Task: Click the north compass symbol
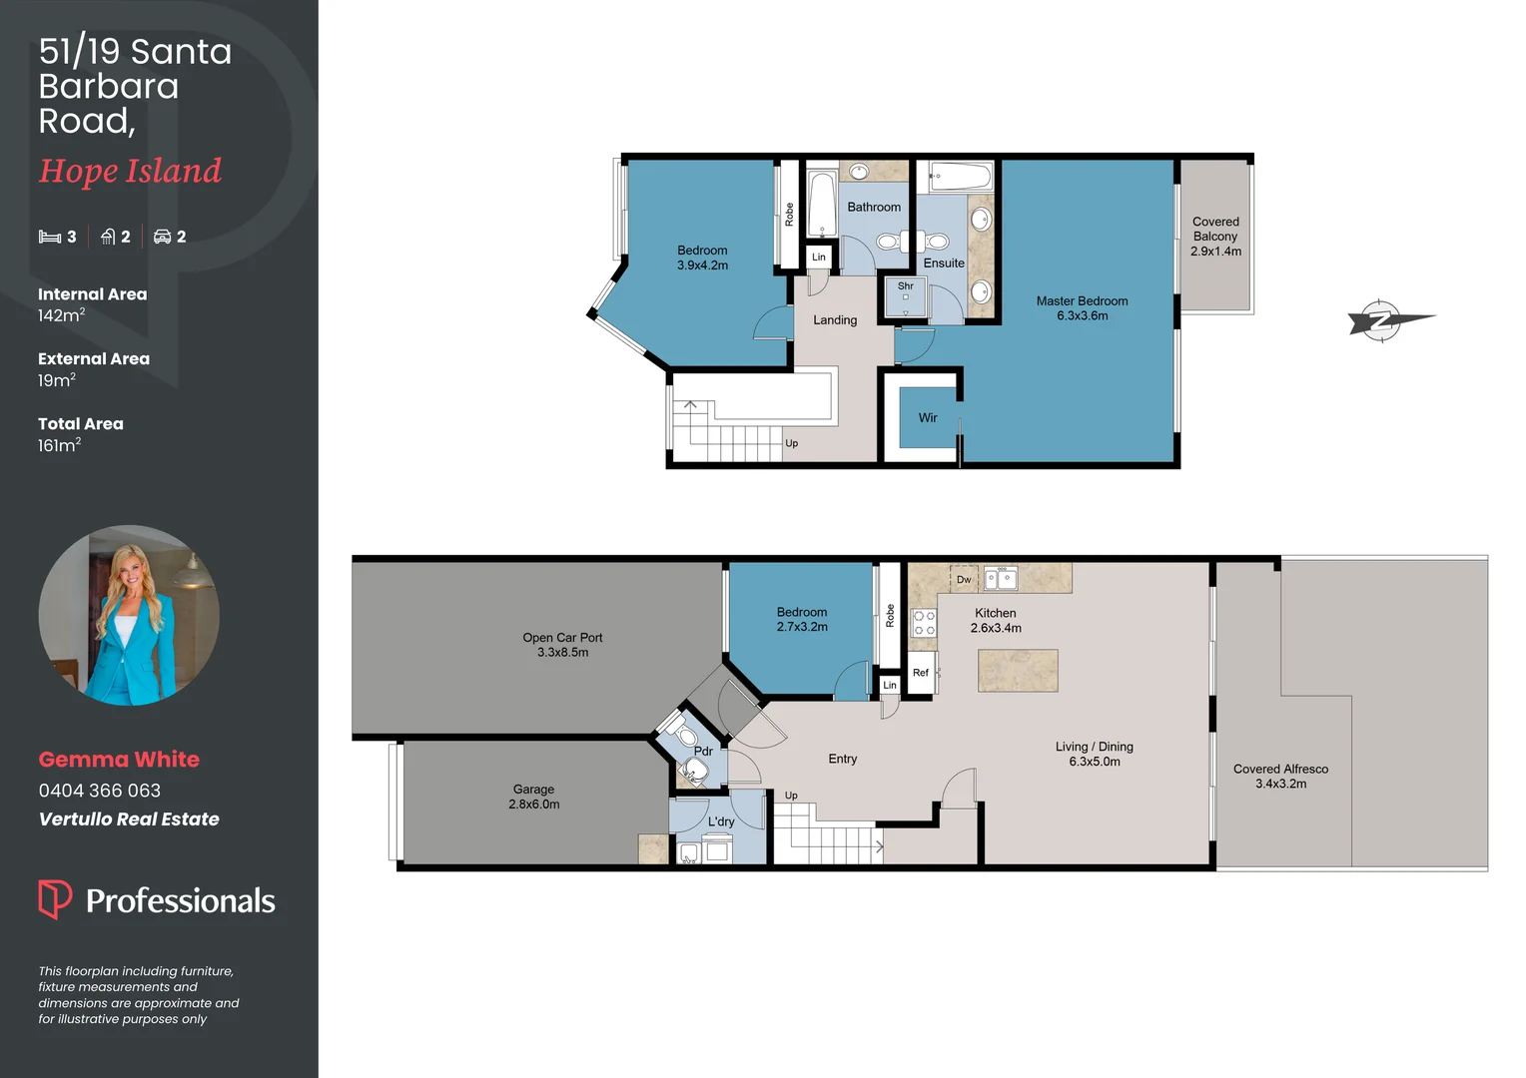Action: point(1382,320)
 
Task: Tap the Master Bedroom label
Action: point(1082,300)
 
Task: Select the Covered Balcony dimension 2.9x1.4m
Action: point(1215,252)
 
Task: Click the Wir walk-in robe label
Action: point(928,418)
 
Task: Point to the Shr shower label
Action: point(905,286)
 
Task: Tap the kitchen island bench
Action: point(1017,670)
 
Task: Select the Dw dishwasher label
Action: point(964,580)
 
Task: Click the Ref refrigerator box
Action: point(921,672)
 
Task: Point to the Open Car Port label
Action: point(562,637)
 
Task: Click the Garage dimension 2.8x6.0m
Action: point(533,805)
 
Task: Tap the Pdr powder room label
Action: point(703,752)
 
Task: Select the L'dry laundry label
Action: point(721,822)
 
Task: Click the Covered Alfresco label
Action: point(1280,769)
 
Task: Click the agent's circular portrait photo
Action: point(129,615)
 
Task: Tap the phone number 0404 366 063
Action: point(99,791)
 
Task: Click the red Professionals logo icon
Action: point(55,898)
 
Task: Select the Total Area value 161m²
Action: point(59,445)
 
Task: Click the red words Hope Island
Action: point(130,171)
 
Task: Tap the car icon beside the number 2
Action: point(162,237)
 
